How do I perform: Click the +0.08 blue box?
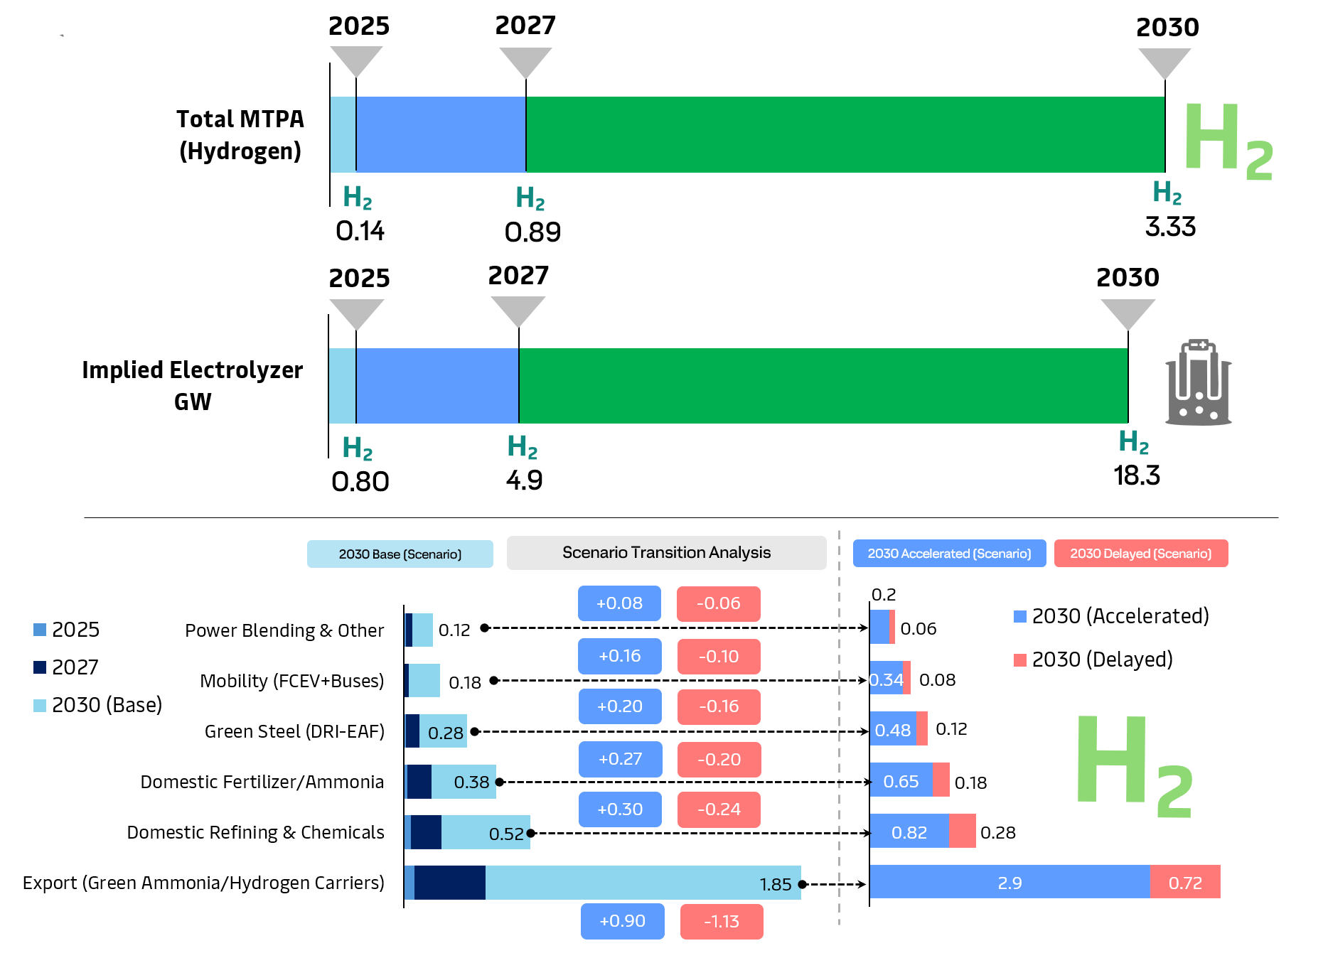[619, 603]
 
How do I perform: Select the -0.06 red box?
[718, 603]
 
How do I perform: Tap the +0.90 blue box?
[622, 921]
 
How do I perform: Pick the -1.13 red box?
[721, 922]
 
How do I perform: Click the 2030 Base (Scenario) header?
[400, 554]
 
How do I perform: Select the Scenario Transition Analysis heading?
[666, 553]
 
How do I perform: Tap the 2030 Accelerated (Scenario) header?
[949, 554]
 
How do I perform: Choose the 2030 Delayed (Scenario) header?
[1140, 554]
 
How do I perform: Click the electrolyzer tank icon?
[1198, 383]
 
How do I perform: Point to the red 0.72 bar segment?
[1185, 882]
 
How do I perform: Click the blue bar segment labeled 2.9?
[1010, 882]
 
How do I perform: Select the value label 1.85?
[775, 884]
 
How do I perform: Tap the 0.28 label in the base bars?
[446, 733]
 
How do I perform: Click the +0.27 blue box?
[620, 759]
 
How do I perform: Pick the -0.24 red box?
[719, 809]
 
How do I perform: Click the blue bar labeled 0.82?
[909, 831]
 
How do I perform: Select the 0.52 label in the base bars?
[506, 834]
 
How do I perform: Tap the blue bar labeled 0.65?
[901, 781]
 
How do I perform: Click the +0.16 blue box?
[619, 656]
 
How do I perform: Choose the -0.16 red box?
[719, 706]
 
